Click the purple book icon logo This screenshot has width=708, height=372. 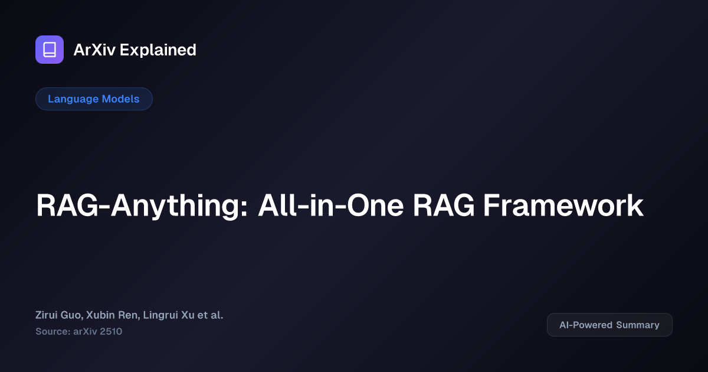point(50,50)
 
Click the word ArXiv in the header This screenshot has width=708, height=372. point(94,50)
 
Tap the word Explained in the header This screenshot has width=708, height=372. point(158,50)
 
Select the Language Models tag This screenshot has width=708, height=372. point(94,99)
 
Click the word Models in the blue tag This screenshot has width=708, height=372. point(121,99)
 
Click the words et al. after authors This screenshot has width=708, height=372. point(211,315)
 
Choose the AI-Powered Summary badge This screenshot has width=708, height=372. point(609,325)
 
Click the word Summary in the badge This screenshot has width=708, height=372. point(638,325)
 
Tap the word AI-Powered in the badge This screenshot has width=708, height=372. point(586,325)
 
